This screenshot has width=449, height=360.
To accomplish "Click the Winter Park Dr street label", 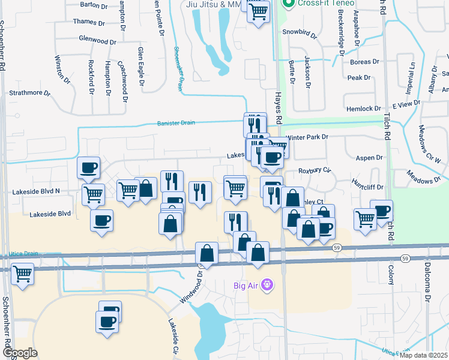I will (307, 137).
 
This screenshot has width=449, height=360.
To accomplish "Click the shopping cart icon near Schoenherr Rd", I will (23, 274).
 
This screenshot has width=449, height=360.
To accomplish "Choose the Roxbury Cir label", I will (315, 170).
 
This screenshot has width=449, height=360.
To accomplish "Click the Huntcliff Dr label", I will (367, 187).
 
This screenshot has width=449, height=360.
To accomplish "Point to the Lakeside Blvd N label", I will (36, 191).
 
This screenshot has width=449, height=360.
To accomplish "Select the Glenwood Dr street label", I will (97, 41).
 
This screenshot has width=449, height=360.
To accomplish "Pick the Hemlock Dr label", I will (364, 109).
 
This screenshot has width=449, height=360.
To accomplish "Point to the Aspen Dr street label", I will (370, 157).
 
